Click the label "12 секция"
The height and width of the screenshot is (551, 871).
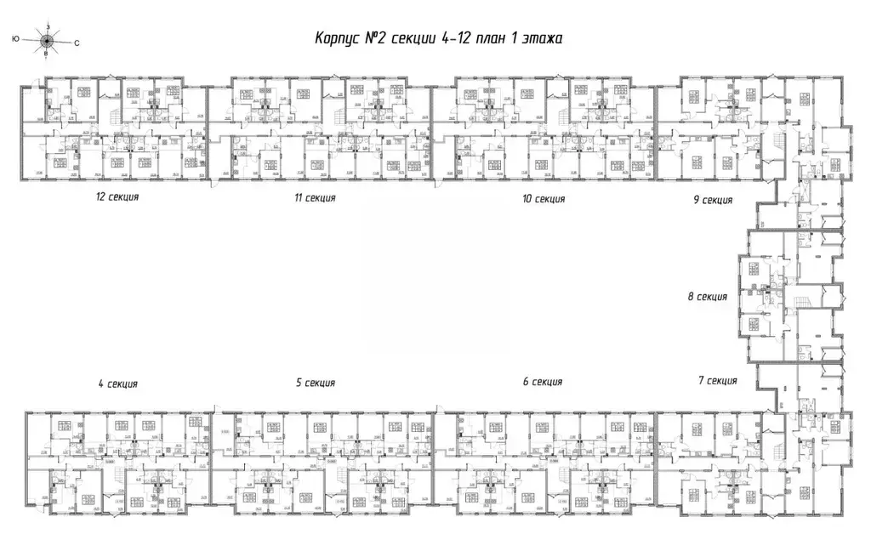point(117,196)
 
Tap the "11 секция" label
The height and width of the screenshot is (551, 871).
point(315,198)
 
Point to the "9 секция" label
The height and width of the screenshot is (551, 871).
point(712,200)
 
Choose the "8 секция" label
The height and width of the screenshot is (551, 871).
point(707,297)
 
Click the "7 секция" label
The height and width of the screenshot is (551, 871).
point(716,380)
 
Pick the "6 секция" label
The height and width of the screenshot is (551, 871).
point(544,382)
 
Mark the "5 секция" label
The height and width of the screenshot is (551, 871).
point(315,383)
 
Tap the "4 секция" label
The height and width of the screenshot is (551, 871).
point(117,383)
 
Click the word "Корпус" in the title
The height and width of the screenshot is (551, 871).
point(339,38)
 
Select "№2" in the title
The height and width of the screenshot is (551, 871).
point(383,38)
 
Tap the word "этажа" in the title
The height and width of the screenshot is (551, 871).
point(544,38)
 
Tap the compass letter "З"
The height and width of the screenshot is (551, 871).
point(47,27)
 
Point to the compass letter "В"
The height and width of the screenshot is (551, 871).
point(46,53)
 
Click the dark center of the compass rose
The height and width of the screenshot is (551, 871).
point(46,39)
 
